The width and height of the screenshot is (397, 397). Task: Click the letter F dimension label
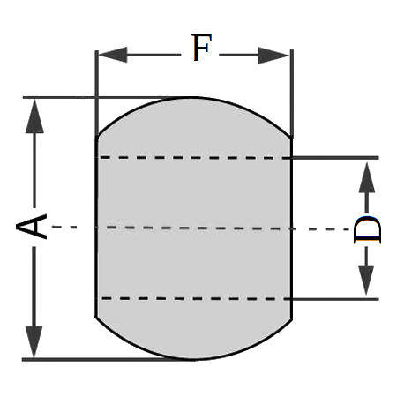pyautogui.click(x=202, y=48)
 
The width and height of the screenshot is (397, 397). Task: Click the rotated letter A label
pyautogui.click(x=32, y=227)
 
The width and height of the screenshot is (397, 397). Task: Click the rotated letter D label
pyautogui.click(x=367, y=229)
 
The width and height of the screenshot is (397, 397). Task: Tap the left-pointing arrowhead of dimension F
pyautogui.click(x=113, y=55)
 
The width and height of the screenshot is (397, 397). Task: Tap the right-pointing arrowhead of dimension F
pyautogui.click(x=273, y=56)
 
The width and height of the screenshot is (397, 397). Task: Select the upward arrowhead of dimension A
pyautogui.click(x=34, y=116)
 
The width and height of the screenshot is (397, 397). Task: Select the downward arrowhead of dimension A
pyautogui.click(x=34, y=342)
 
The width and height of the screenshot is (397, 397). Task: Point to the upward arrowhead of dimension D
pyautogui.click(x=367, y=177)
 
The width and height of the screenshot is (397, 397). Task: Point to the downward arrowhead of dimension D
pyautogui.click(x=366, y=280)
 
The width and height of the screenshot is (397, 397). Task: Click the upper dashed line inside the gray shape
pyautogui.click(x=194, y=158)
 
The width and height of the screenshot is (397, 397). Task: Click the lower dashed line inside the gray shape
pyautogui.click(x=196, y=299)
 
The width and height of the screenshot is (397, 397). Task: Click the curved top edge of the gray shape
pyautogui.click(x=194, y=98)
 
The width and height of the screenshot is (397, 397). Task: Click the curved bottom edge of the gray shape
pyautogui.click(x=194, y=359)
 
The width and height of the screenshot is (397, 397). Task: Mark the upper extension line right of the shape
pyautogui.click(x=334, y=158)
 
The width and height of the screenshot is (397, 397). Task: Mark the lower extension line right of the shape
pyautogui.click(x=334, y=299)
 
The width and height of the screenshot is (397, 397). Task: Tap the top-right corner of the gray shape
pyautogui.click(x=291, y=138)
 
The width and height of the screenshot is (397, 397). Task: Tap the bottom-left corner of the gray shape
pyautogui.click(x=96, y=318)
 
